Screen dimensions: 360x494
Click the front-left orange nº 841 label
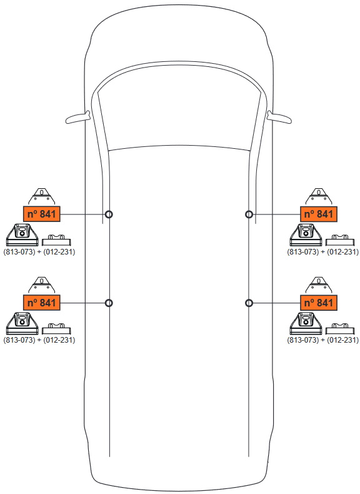pyautogui.click(x=42, y=214)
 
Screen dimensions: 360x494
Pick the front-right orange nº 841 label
pyautogui.click(x=318, y=214)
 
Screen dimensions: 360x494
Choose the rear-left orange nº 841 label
pyautogui.click(x=42, y=303)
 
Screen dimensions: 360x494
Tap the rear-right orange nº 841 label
pyautogui.click(x=318, y=303)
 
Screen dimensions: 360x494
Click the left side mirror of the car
pyautogui.click(x=77, y=117)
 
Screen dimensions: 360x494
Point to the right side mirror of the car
pyautogui.click(x=279, y=117)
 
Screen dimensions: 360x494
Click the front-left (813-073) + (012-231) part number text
pyautogui.click(x=39, y=252)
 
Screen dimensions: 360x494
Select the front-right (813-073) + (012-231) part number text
pyautogui.click(x=323, y=252)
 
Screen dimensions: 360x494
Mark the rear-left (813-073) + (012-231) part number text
pyautogui.click(x=39, y=340)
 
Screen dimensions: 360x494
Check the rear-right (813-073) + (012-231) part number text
pyautogui.click(x=323, y=340)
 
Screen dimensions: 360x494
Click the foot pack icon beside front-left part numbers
pyautogui.click(x=22, y=234)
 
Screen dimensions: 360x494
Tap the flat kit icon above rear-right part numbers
pyautogui.click(x=340, y=328)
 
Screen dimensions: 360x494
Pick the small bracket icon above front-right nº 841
pyautogui.click(x=319, y=196)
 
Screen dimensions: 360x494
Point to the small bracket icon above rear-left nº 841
pyautogui.click(x=42, y=285)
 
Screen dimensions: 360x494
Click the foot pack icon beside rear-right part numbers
pyautogui.click(x=306, y=323)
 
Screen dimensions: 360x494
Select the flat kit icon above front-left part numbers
pyautogui.click(x=56, y=239)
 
